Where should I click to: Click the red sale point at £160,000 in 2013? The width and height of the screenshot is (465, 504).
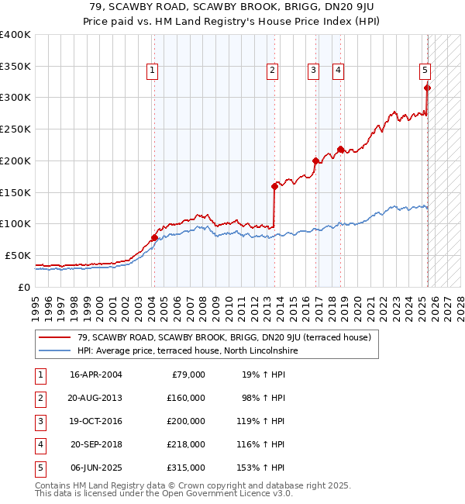pyautogui.click(x=274, y=186)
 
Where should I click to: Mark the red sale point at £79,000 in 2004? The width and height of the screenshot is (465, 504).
pyautogui.click(x=154, y=237)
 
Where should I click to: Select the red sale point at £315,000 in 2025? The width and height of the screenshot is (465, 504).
pyautogui.click(x=427, y=88)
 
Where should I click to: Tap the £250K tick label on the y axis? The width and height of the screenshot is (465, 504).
pyautogui.click(x=15, y=129)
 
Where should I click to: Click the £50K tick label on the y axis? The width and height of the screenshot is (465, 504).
pyautogui.click(x=18, y=255)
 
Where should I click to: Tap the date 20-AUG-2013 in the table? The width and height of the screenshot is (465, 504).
pyautogui.click(x=95, y=398)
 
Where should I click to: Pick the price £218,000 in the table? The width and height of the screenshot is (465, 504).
pyautogui.click(x=186, y=444)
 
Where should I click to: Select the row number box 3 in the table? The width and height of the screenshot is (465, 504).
pyautogui.click(x=39, y=421)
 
